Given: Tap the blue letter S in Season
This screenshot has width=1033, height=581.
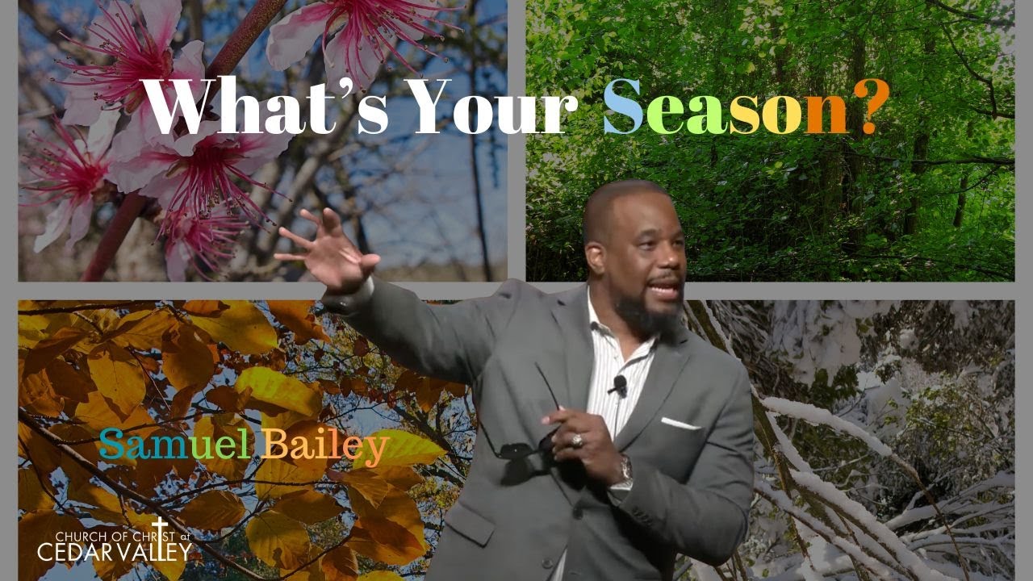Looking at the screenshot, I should tap(623, 109).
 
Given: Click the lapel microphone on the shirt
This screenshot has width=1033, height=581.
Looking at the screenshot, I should tap(619, 385).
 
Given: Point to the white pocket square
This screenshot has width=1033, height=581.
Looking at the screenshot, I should tap(679, 423).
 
